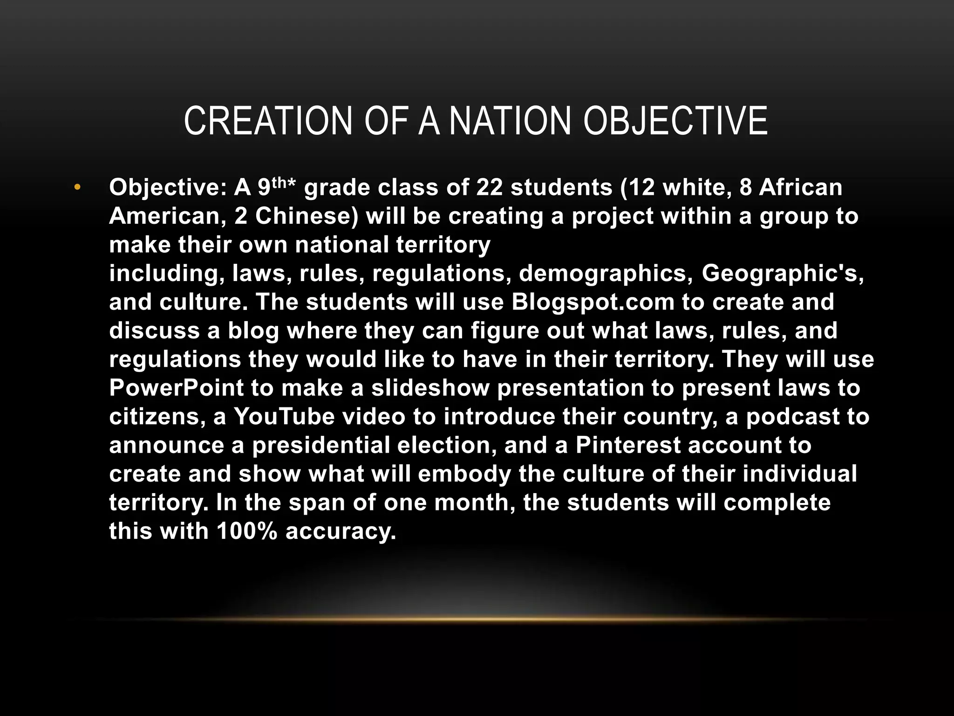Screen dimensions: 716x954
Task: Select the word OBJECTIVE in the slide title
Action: click(x=675, y=121)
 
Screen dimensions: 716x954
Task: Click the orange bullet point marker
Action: click(x=77, y=188)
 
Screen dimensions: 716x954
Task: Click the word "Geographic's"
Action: click(x=783, y=274)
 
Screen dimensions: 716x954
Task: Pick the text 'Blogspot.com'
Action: click(x=593, y=302)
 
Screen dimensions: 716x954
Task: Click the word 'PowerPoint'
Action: click(x=177, y=388)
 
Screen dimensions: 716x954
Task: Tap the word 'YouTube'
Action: click(x=284, y=417)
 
